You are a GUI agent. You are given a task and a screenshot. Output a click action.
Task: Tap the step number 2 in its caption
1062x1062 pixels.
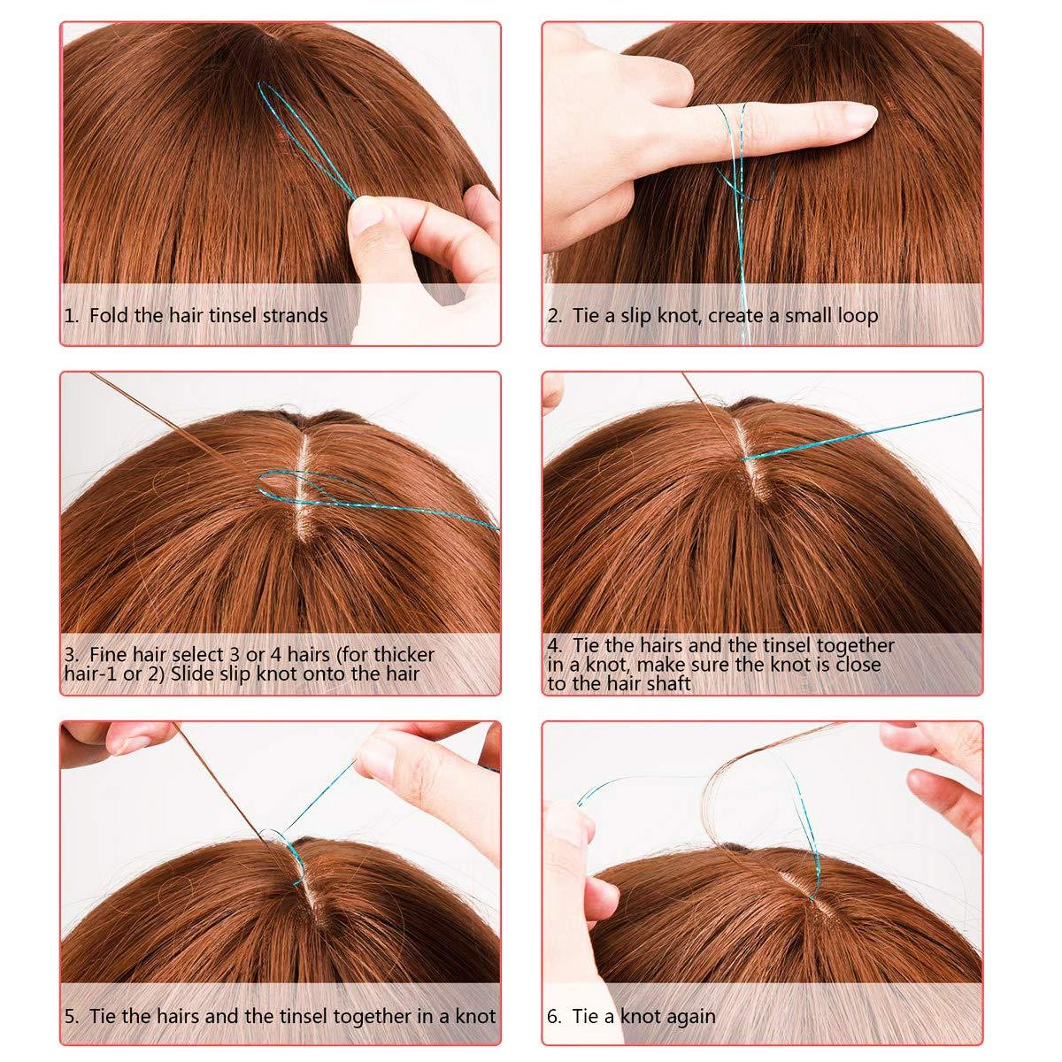click(x=552, y=316)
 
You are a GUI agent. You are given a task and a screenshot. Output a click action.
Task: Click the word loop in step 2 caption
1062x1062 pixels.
click(x=857, y=316)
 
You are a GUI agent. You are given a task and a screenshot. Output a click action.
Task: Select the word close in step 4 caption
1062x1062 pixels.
click(x=857, y=664)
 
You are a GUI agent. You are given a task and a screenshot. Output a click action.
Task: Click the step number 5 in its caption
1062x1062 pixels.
click(x=71, y=1016)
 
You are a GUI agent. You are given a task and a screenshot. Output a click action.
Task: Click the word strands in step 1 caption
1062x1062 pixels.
click(x=295, y=315)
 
